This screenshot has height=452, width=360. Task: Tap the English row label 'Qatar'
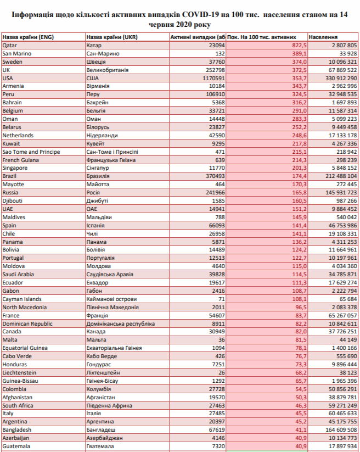coord(10,45)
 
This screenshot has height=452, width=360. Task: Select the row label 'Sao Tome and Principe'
coord(31,152)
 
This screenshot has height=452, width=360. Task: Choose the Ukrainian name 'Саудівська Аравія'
coord(110,275)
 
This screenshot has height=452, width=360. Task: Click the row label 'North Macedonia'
coord(25,308)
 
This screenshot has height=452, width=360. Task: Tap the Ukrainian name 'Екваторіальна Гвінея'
coord(114,348)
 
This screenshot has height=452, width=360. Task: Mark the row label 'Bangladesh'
coord(17,430)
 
